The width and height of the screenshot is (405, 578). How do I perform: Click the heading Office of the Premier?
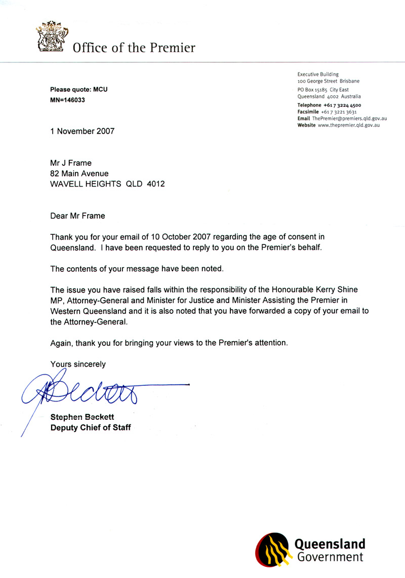134,48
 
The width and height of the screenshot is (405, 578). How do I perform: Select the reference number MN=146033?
67,100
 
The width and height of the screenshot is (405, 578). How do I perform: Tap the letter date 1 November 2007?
82,131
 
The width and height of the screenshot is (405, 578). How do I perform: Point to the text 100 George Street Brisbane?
329,81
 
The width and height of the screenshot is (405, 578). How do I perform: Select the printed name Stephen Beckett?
82,417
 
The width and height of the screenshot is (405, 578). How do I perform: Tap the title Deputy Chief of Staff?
91,427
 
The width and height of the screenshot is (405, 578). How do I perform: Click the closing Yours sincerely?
78,364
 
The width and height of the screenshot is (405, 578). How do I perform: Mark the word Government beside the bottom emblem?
330,557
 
